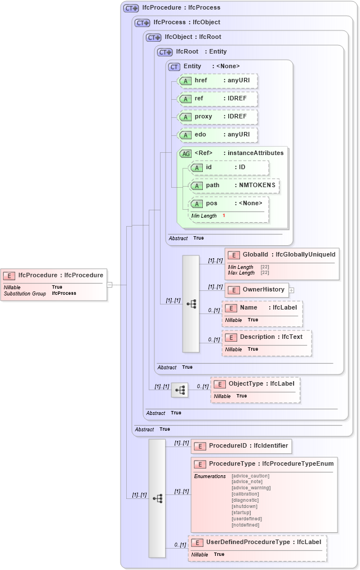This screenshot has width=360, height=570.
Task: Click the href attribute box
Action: pos(217,81)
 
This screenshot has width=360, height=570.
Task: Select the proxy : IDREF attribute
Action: pos(217,117)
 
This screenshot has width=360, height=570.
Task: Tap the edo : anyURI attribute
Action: pos(217,135)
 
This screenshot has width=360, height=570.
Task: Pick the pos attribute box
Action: pos(228,204)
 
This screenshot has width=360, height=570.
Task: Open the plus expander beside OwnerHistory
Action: pos(292,290)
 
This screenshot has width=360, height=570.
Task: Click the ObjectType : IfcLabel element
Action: pos(255,384)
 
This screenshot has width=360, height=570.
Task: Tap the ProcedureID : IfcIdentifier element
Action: pos(241,446)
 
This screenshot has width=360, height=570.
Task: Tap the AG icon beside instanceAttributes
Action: pos(185,153)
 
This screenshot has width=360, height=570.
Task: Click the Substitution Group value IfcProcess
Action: pos(64,293)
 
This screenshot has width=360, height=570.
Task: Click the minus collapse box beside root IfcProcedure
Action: pos(110,285)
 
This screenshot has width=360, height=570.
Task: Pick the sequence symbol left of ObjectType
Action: pos(180,390)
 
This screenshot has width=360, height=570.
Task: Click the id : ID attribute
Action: pos(228,167)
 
